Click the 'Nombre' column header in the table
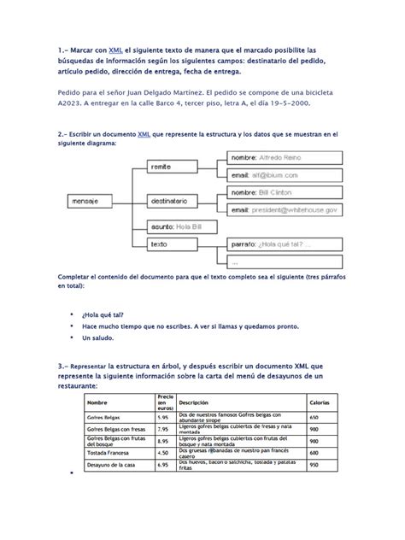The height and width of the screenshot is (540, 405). click(x=98, y=402)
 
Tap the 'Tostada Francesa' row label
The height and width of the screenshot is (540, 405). click(x=109, y=454)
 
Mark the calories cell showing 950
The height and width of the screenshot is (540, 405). click(x=314, y=466)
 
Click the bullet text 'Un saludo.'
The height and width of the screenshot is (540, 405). click(x=101, y=338)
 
